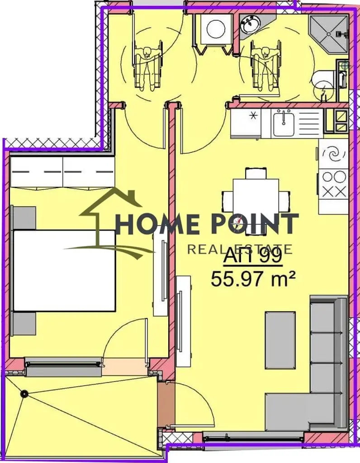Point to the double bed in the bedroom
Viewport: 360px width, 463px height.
tap(64, 270)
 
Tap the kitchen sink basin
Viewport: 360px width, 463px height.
tap(284, 124)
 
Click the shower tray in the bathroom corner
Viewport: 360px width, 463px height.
tap(327, 34)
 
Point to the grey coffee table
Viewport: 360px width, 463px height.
tap(280, 340)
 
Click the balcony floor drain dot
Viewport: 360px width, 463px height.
tap(24, 394)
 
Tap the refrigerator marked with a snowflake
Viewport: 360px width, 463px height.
tap(246, 123)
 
